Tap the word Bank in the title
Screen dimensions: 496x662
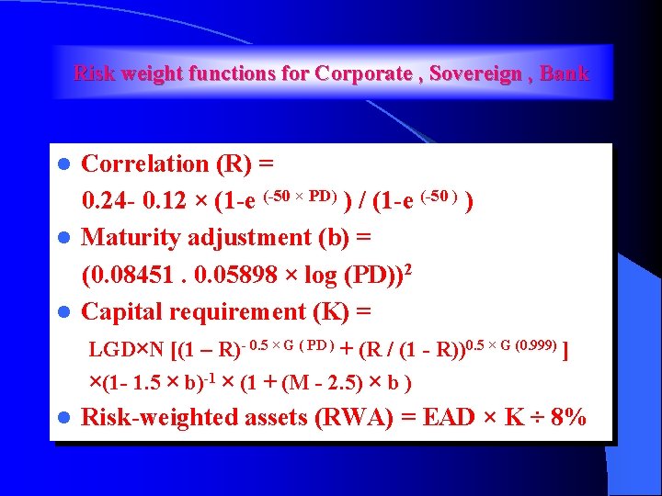[565, 73]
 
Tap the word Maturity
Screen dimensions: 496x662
[132, 237]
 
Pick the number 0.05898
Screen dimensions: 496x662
[232, 274]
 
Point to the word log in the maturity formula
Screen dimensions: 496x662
[318, 274]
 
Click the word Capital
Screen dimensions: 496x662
[118, 311]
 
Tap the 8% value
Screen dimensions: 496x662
[564, 418]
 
